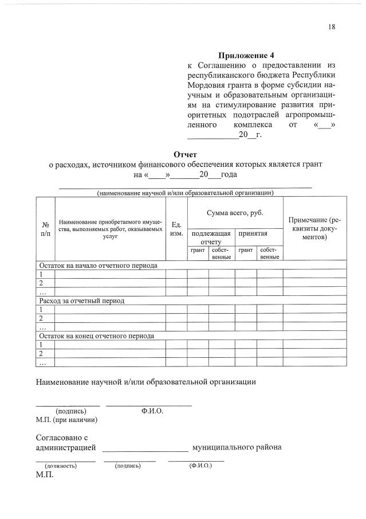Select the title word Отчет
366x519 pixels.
pos(185,154)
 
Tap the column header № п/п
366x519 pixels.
pos(45,229)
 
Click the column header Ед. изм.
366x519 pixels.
pos(177,229)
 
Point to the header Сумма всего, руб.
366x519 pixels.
pos(235,213)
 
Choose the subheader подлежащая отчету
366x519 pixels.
pos(211,237)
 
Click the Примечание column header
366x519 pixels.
pos(314,228)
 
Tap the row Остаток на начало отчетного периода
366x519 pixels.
pos(97,266)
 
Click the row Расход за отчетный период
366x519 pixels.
pos(81,301)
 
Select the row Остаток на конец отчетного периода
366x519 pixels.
pos(96,335)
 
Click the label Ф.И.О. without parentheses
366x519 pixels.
pos(152,411)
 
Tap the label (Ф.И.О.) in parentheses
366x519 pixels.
pos(200,465)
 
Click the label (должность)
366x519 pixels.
pos(61,466)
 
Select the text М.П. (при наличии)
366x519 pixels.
pos(66,420)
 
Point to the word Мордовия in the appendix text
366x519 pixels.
pos(206,85)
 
